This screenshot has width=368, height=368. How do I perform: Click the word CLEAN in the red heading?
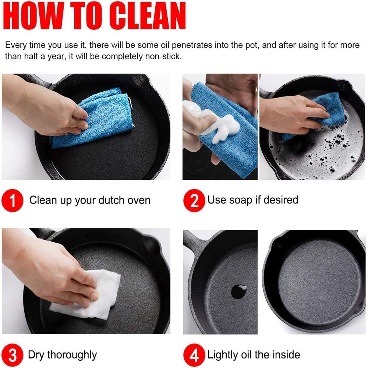click(x=148, y=15)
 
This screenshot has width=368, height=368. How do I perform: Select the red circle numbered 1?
click(x=13, y=201)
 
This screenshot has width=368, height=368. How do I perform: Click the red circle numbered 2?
click(x=194, y=201)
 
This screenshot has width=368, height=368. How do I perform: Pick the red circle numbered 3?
click(x=13, y=355)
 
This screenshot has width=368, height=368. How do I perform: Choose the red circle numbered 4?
click(x=194, y=355)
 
